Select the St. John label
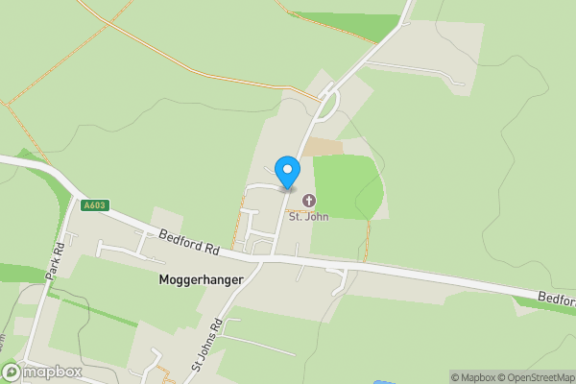tap(309, 216)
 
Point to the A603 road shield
tap(93, 205)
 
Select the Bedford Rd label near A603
tap(190, 242)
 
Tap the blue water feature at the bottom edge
tap(380, 380)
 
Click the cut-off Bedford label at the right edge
tap(557, 300)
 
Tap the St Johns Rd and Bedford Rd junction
tap(274, 258)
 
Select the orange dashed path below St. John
tap(367, 240)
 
